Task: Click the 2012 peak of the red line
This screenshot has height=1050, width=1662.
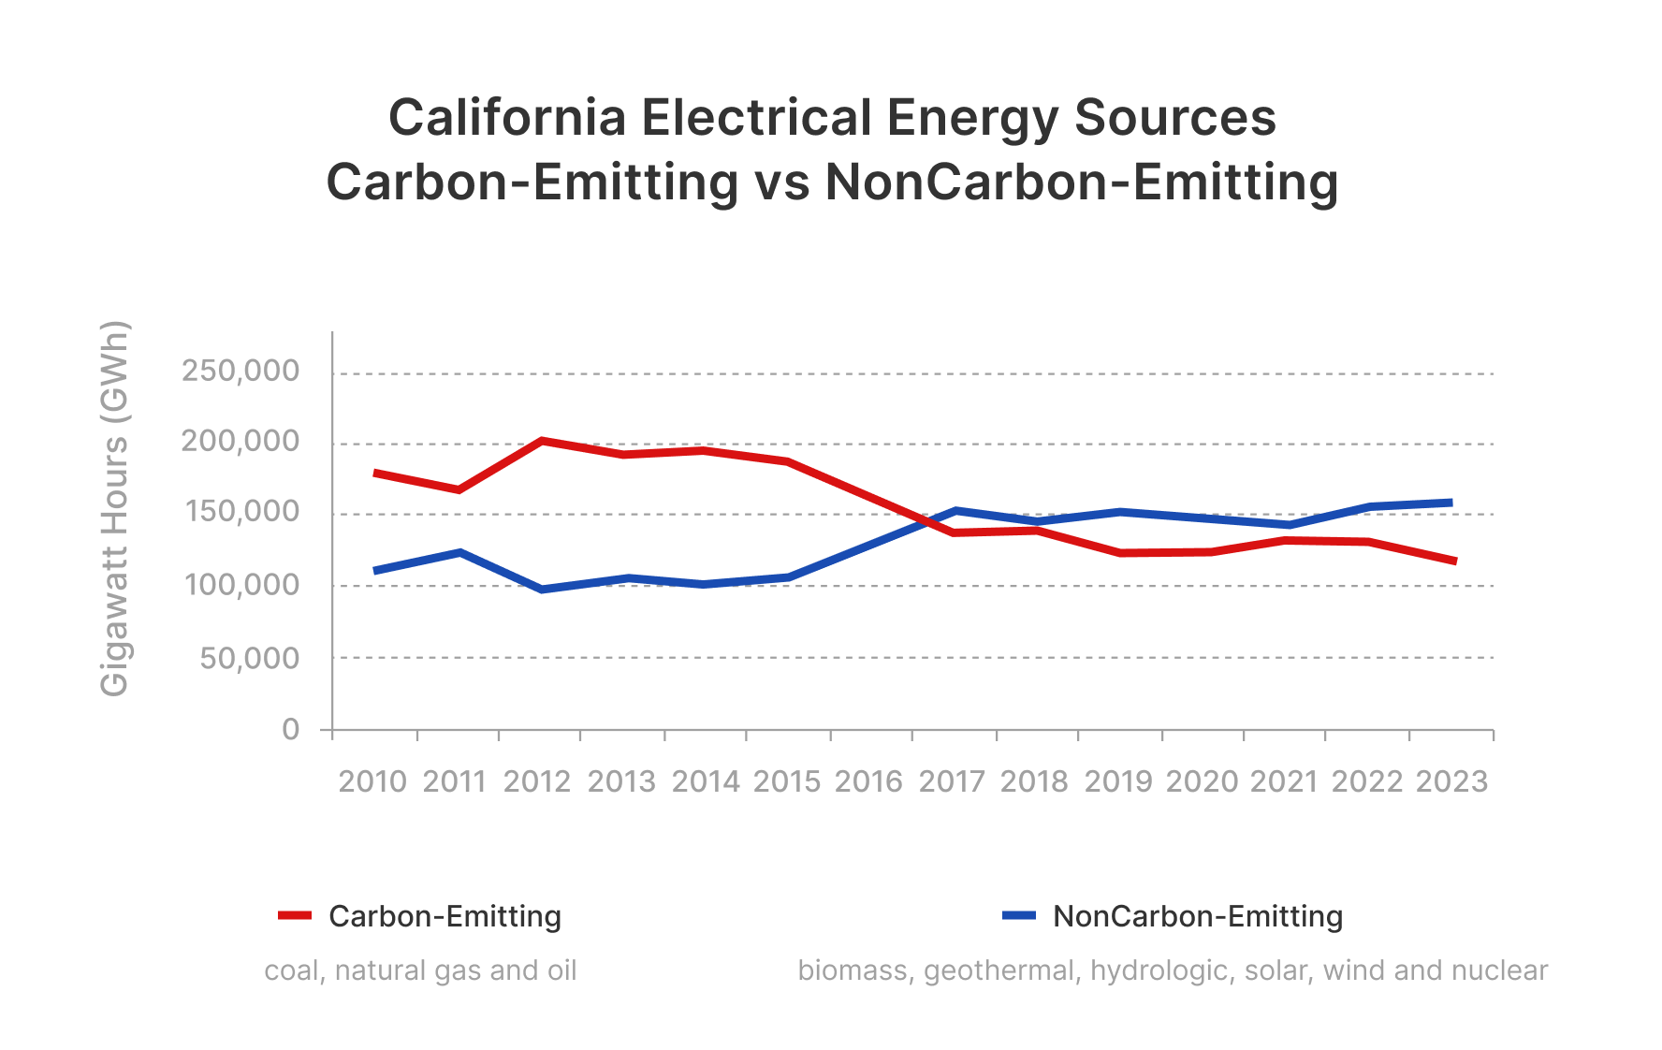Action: click(542, 440)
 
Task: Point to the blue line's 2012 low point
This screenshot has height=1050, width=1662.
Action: click(542, 590)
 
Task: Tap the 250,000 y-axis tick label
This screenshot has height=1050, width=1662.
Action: click(241, 372)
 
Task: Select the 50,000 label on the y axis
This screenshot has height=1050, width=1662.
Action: click(249, 658)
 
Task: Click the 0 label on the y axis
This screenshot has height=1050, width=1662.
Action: click(291, 729)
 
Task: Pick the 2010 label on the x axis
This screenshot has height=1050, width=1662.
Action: click(372, 781)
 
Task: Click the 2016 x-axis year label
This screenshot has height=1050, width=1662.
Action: click(868, 781)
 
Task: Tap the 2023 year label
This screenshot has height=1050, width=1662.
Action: click(1451, 781)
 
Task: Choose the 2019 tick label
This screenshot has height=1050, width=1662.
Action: click(1118, 781)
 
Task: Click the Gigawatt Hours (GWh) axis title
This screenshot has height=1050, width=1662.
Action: click(114, 509)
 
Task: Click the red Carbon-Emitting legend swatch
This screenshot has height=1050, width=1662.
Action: click(295, 915)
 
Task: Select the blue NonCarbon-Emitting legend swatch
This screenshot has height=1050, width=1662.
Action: click(1019, 915)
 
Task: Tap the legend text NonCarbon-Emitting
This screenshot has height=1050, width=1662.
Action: click(1198, 916)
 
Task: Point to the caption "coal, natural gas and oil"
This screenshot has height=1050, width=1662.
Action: click(420, 970)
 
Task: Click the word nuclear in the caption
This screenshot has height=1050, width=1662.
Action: click(1507, 970)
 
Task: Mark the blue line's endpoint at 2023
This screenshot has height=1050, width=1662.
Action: click(1451, 503)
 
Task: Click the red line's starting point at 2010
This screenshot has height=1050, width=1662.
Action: click(375, 474)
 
